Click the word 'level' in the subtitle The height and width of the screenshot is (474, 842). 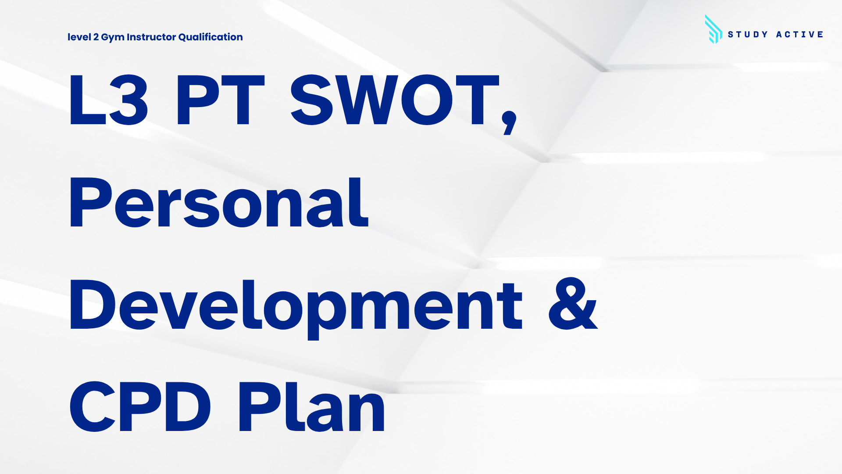(79, 37)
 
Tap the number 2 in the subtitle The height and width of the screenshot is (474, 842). (96, 37)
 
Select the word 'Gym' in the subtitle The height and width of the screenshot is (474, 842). (113, 38)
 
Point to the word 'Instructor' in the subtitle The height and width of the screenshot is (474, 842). (151, 37)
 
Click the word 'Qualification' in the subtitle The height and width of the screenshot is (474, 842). (210, 37)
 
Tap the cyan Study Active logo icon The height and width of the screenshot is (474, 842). (714, 29)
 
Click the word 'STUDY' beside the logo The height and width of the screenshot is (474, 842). (748, 34)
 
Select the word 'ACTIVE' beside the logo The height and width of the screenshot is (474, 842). (799, 34)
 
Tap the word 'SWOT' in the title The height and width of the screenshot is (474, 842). (395, 100)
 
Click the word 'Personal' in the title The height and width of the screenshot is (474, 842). (219, 202)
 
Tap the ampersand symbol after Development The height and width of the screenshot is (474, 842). (573, 304)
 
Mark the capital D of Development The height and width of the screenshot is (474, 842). (93, 304)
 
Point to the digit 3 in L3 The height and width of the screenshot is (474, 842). (128, 100)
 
